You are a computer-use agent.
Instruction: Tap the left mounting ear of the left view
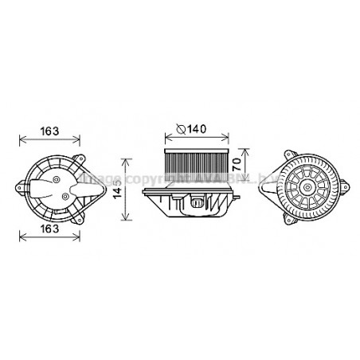pos(18,189)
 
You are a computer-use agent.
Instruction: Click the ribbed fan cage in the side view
pos(198,163)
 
